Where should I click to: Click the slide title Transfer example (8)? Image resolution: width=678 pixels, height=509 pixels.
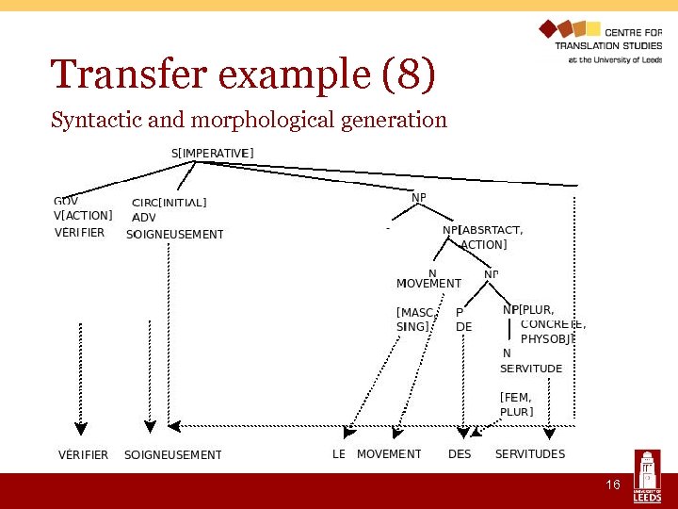243,75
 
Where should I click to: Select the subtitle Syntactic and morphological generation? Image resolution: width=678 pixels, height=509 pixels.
249,120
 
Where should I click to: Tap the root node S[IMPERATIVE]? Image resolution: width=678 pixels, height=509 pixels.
212,153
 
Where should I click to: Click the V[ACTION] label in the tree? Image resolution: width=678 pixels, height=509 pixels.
83,215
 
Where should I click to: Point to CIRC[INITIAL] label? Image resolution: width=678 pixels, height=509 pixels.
169,202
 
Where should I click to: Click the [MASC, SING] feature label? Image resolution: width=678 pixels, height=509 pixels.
415,319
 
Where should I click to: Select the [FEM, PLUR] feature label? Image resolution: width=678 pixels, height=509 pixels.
516,404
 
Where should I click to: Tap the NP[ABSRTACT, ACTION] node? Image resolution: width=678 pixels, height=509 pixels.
483,237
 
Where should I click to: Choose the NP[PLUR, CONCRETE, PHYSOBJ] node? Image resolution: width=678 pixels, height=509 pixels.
544,323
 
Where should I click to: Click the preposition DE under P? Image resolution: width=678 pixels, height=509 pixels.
463,327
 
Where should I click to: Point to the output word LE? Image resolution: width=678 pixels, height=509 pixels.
339,454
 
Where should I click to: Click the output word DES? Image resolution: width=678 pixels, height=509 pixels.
460,454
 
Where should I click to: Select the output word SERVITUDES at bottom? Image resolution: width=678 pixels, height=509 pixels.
530,454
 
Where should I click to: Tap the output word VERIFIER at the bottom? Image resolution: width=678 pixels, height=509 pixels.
83,454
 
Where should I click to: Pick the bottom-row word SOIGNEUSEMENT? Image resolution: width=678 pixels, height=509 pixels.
173,454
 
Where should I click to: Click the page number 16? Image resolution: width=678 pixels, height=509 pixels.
612,484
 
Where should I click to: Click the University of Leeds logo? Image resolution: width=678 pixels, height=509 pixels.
647,476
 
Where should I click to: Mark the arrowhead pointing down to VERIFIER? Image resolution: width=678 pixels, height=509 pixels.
80,428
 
